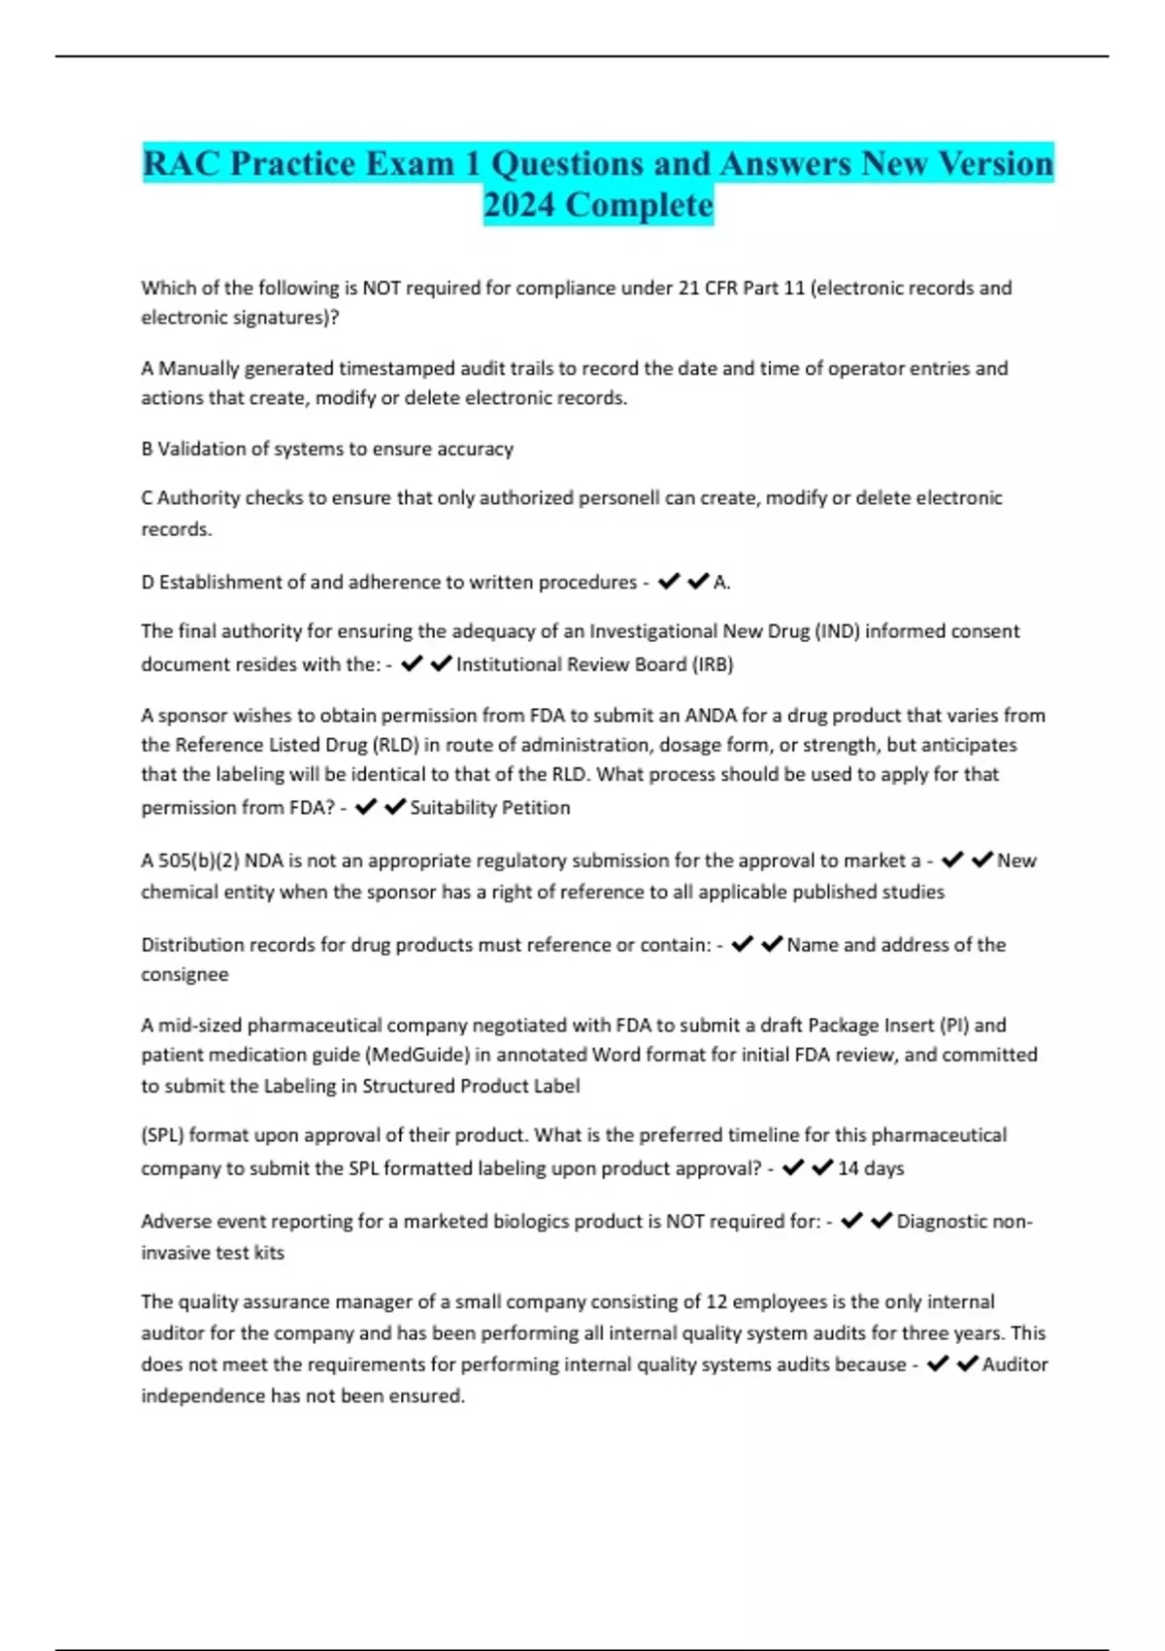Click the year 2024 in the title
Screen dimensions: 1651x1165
pos(519,205)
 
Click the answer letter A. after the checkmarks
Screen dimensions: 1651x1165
pos(722,583)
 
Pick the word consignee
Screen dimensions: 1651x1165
pos(184,974)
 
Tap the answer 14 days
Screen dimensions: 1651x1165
pos(871,1167)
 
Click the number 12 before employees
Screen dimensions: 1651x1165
pos(716,1301)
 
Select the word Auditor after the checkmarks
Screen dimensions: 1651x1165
pos(1015,1365)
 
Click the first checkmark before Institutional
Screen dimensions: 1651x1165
pos(412,663)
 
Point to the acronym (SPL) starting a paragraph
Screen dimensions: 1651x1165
pos(162,1134)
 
